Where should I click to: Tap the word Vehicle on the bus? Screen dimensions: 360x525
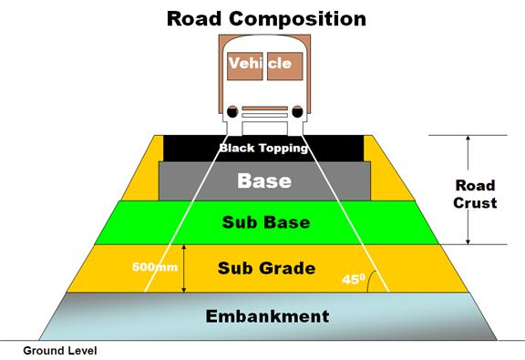coord(260,64)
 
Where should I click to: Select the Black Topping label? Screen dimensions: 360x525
coord(263,147)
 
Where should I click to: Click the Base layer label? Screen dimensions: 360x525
coord(263,180)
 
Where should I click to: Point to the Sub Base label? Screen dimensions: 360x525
coord(264,222)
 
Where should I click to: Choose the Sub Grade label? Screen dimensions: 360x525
coord(266,268)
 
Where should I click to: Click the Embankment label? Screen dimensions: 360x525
coord(266,316)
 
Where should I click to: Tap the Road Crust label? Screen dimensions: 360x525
coord(476,194)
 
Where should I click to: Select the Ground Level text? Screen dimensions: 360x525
coord(60,350)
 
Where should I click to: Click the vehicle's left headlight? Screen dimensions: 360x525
coord(232,113)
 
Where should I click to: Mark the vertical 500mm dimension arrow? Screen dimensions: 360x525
coord(185,268)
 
